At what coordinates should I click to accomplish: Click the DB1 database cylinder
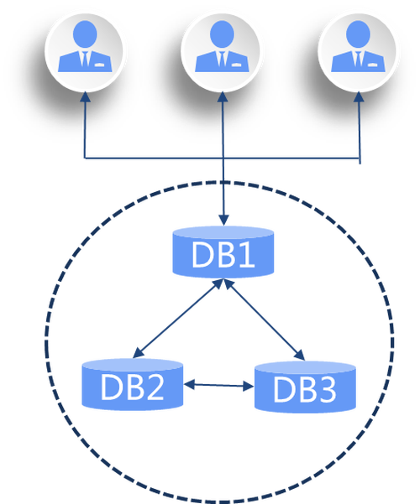(223, 252)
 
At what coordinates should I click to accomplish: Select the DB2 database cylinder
(133, 384)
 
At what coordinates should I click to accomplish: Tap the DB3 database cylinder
(305, 387)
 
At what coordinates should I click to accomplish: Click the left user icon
(85, 52)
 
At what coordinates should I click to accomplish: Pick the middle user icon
(222, 52)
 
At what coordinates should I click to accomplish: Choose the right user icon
(358, 52)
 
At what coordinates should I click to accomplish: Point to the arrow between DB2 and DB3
(219, 385)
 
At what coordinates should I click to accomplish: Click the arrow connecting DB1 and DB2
(178, 318)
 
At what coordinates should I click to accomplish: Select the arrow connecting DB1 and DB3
(264, 320)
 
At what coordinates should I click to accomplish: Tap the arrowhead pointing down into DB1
(223, 221)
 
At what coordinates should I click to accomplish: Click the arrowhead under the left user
(86, 97)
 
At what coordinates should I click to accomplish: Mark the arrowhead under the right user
(359, 97)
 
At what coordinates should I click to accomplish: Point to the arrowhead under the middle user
(223, 97)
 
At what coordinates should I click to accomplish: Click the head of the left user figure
(85, 34)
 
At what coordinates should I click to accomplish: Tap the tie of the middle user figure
(223, 59)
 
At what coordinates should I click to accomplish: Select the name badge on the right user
(372, 65)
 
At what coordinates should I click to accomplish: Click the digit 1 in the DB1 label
(247, 254)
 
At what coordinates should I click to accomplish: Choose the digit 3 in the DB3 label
(327, 389)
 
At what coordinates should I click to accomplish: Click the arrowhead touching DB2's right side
(189, 384)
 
